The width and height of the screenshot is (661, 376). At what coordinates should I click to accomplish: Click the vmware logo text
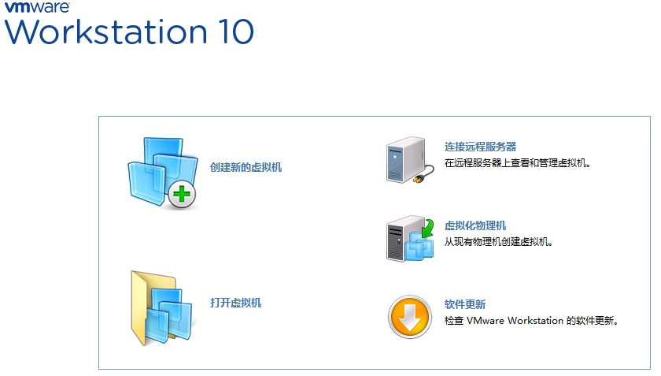[37, 7]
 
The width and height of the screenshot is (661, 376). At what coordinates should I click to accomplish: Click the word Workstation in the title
[106, 32]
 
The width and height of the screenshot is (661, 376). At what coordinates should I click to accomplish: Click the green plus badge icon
[182, 195]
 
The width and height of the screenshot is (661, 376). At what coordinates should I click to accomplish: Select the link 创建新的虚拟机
[246, 167]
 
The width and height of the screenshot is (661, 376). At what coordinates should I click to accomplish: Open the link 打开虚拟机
[235, 303]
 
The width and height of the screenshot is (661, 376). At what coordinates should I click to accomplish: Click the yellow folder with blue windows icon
[161, 308]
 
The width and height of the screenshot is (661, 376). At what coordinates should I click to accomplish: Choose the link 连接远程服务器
[480, 147]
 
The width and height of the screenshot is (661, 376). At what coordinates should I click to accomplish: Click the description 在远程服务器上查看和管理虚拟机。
[517, 163]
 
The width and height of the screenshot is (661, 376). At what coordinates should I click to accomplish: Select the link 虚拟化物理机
[475, 225]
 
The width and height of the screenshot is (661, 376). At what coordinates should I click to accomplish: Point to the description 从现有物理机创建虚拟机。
[498, 242]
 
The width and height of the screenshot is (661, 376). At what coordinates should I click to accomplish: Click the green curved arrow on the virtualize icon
[428, 228]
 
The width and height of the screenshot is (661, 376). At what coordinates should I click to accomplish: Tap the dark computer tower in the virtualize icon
[398, 239]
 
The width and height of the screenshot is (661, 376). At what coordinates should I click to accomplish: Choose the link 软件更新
[465, 304]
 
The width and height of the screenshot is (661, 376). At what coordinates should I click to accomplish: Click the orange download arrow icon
[409, 317]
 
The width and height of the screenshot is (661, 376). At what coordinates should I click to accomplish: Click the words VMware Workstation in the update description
[515, 321]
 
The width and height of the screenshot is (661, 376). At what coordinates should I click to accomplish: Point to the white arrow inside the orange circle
[410, 318]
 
